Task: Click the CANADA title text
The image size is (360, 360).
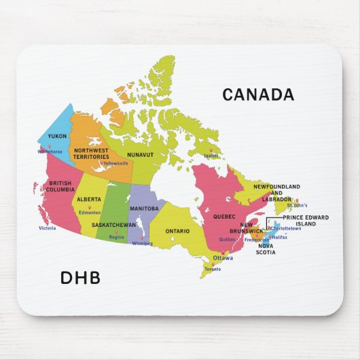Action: click(258, 95)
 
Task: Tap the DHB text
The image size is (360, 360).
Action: click(80, 278)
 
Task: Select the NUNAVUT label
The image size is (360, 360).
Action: click(141, 155)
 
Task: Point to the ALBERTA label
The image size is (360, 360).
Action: click(89, 199)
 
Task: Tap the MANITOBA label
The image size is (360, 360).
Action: click(144, 209)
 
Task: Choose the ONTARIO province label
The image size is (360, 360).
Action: click(177, 231)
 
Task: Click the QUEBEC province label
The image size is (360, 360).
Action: click(224, 217)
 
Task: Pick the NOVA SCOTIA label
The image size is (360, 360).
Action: click(266, 249)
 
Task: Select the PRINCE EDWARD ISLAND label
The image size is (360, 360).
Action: click(306, 220)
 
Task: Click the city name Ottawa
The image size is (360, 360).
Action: click(223, 259)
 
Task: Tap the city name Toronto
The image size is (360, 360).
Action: click(213, 270)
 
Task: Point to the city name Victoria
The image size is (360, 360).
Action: click(48, 228)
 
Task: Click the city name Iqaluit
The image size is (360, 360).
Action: click(212, 156)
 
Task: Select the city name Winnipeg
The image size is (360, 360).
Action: click(143, 243)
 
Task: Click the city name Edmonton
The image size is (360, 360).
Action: click(90, 213)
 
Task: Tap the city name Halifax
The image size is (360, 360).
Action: click(280, 237)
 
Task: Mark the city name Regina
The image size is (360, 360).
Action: click(117, 237)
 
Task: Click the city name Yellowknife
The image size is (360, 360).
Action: click(115, 164)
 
